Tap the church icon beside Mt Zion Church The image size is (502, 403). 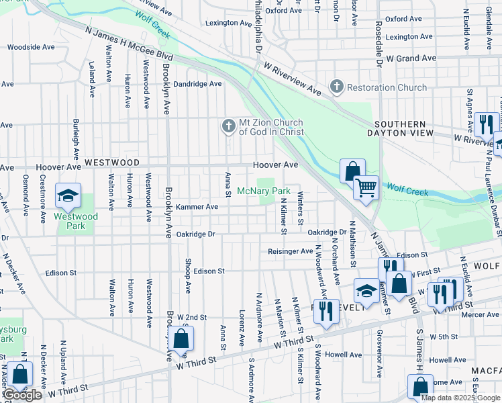click(x=228, y=126)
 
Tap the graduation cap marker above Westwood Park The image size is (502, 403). click(x=67, y=195)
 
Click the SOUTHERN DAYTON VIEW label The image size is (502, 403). click(x=400, y=129)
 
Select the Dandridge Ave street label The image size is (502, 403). click(x=197, y=84)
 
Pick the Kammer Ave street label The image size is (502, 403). click(x=197, y=207)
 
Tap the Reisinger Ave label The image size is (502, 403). click(x=291, y=251)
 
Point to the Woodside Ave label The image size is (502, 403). click(x=30, y=47)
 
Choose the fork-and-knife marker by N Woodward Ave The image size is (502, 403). click(x=326, y=310)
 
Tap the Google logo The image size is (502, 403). click(x=22, y=396)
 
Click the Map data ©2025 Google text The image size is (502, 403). click(x=461, y=398)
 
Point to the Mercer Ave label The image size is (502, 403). click(x=480, y=314)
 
